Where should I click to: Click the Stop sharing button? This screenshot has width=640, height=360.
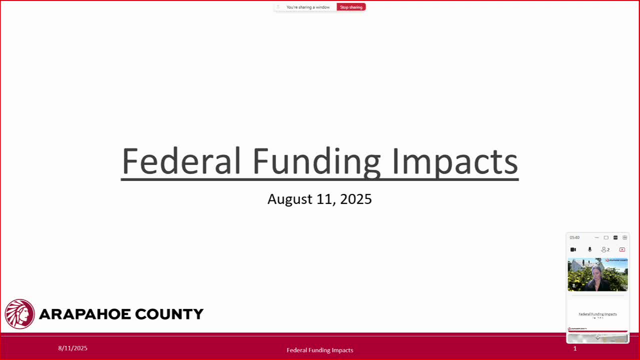pyautogui.click(x=351, y=7)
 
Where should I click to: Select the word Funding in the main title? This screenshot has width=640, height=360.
pyautogui.click(x=316, y=161)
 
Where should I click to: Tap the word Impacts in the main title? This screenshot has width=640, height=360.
pyautogui.click(x=454, y=161)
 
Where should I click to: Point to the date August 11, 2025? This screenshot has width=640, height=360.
pyautogui.click(x=319, y=199)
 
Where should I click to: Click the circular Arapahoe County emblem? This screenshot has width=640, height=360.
pyautogui.click(x=19, y=314)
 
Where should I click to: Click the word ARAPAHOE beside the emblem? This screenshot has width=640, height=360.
pyautogui.click(x=78, y=314)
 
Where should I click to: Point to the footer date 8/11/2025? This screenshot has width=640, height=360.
pyautogui.click(x=72, y=348)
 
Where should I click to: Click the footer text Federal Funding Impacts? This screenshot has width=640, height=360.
pyautogui.click(x=319, y=350)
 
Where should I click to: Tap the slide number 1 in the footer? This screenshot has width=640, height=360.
pyautogui.click(x=575, y=348)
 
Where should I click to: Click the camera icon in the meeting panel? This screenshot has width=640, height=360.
pyautogui.click(x=573, y=249)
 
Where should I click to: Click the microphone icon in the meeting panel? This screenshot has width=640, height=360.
pyautogui.click(x=589, y=249)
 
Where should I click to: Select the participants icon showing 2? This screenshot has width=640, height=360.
pyautogui.click(x=605, y=249)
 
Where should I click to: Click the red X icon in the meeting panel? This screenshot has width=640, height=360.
pyautogui.click(x=622, y=249)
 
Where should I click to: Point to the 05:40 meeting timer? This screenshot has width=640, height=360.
pyautogui.click(x=574, y=237)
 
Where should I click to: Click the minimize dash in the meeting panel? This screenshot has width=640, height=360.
pyautogui.click(x=596, y=237)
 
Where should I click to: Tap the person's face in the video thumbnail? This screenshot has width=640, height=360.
pyautogui.click(x=596, y=273)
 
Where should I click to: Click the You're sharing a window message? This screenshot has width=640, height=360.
pyautogui.click(x=308, y=7)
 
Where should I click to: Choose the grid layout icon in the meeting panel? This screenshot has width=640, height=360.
pyautogui.click(x=624, y=237)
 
